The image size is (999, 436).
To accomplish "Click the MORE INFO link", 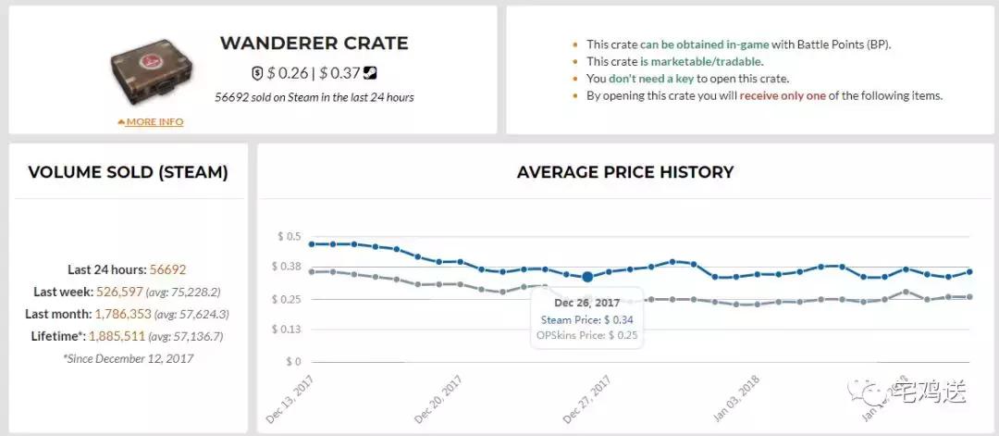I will point(154,122).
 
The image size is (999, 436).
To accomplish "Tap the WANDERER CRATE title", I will point(314,44).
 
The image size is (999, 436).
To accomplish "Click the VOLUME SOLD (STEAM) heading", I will point(128,172).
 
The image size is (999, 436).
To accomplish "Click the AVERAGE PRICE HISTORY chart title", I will point(624,172).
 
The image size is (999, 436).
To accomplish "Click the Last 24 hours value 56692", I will point(167,270).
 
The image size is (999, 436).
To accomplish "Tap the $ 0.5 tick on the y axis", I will point(289,237).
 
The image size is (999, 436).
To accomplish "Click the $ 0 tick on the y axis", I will point(292,362).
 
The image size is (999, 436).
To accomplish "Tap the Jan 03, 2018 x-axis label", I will point(737,400).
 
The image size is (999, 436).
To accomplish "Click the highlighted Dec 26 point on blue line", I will point(587,276).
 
